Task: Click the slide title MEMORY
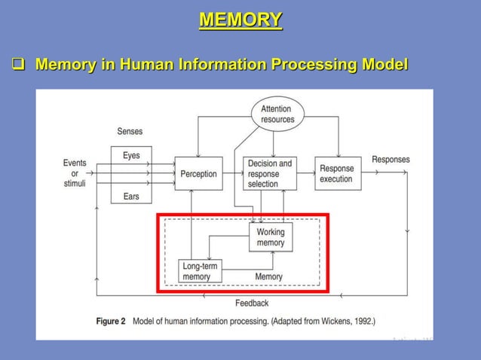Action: click(x=240, y=20)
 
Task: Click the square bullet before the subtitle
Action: click(x=16, y=66)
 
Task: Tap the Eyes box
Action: click(x=131, y=156)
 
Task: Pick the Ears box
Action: click(x=131, y=196)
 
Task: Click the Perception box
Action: click(x=198, y=174)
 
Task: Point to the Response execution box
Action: click(x=337, y=174)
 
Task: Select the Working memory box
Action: click(x=270, y=237)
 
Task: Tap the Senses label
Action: click(x=130, y=132)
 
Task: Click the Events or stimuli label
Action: click(x=74, y=173)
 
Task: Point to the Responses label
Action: click(x=391, y=160)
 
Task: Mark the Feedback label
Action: click(x=251, y=304)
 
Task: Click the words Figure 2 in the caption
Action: click(x=111, y=322)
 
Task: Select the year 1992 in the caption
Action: click(x=360, y=322)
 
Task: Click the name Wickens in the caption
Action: click(x=327, y=322)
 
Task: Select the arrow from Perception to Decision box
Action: click(x=233, y=174)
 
